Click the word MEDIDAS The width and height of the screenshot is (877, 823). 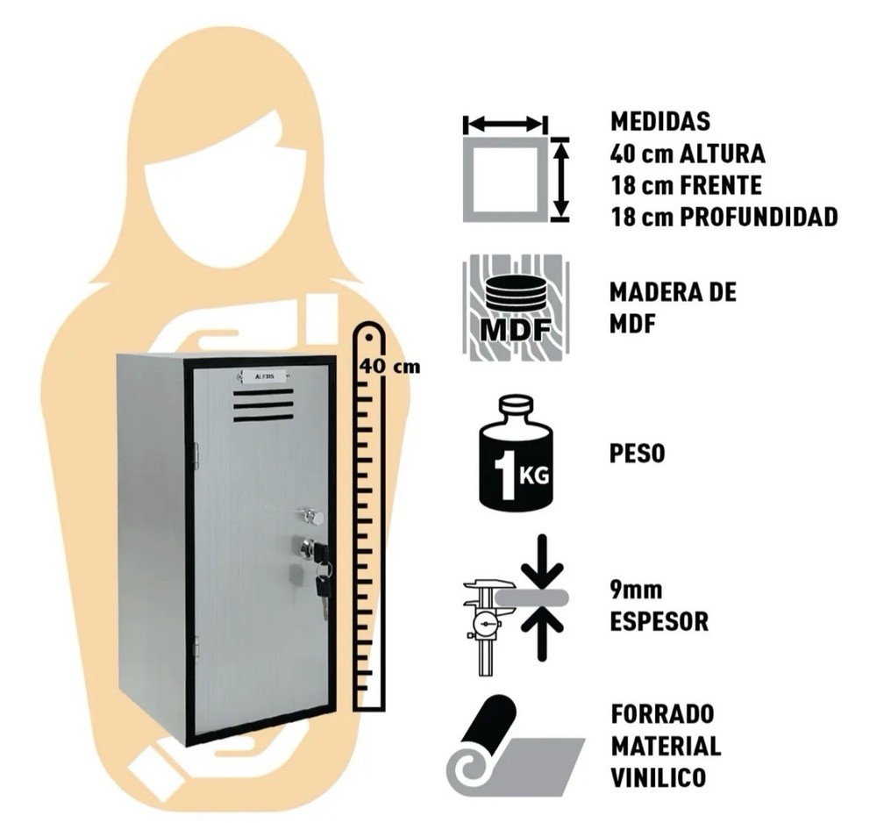pos(660,121)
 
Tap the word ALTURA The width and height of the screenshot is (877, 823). pos(722,154)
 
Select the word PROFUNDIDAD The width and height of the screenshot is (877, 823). pos(759,217)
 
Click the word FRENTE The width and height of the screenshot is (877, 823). pos(720,185)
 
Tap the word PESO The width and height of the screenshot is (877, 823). pos(637,453)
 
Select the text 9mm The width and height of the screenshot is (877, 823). pos(636,590)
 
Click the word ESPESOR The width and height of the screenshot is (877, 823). pos(659,621)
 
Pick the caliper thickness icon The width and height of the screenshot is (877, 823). pos(516,605)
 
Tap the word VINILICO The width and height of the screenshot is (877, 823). pos(658,777)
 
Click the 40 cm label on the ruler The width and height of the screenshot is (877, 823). pos(389,367)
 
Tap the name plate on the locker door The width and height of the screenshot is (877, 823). pos(260,376)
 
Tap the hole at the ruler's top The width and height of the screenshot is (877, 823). pos(370,338)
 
